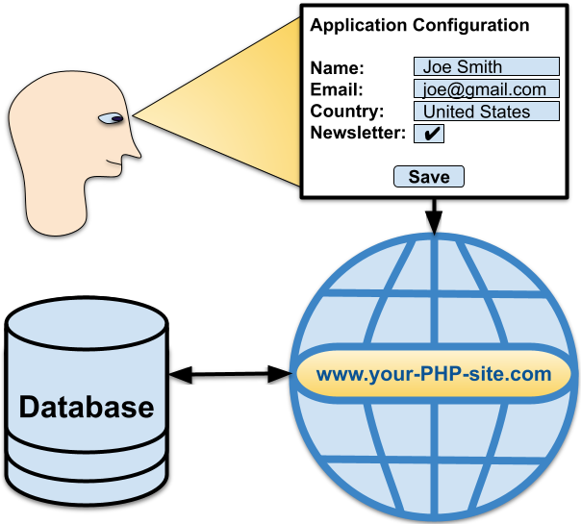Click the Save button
(429, 176)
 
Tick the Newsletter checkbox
(429, 134)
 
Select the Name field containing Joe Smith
(487, 67)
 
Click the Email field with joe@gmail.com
(487, 89)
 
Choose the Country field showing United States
(487, 112)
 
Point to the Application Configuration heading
(419, 25)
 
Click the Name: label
(337, 68)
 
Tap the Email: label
(337, 90)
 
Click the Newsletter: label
(358, 133)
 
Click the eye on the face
(112, 118)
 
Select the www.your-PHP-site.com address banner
(434, 374)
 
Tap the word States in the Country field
(505, 112)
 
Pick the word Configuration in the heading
(471, 25)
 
